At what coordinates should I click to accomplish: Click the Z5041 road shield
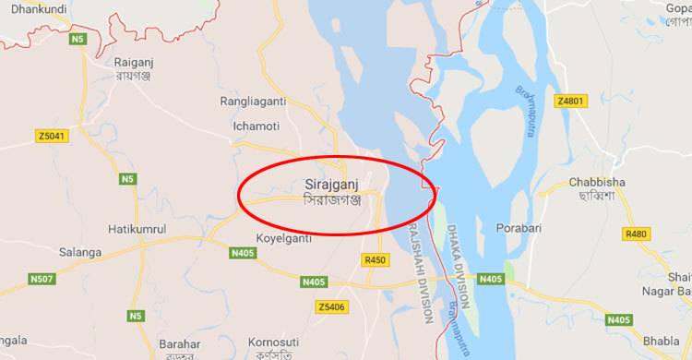[52, 137]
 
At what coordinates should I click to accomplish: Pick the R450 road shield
[375, 260]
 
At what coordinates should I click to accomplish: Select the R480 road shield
[637, 234]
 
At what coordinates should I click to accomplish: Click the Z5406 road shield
[329, 306]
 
